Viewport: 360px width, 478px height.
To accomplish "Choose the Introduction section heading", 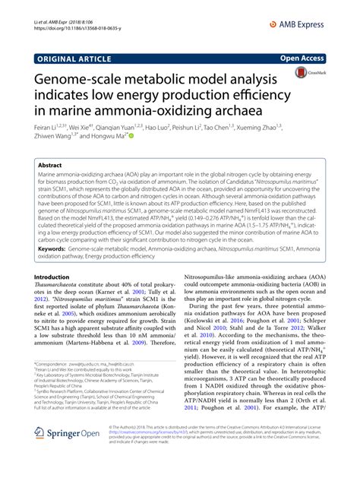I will tap(57, 277).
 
